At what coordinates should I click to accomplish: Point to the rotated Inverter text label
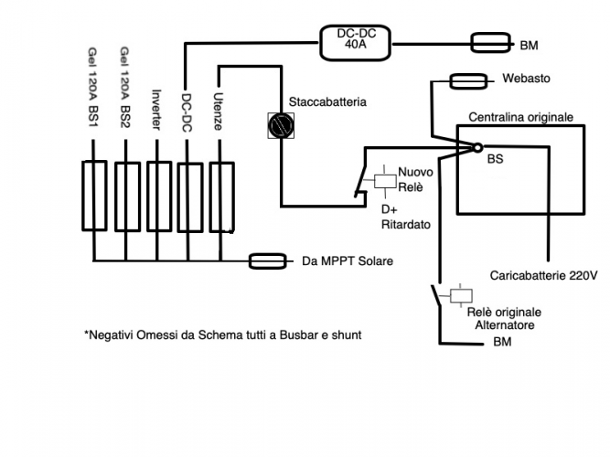tap(156, 111)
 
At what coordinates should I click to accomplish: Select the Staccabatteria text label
tap(327, 102)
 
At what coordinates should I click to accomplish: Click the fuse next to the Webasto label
tap(468, 81)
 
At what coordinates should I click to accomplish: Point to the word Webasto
tap(526, 80)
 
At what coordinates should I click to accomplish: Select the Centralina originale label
tap(520, 117)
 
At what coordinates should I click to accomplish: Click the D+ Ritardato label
tap(404, 216)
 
